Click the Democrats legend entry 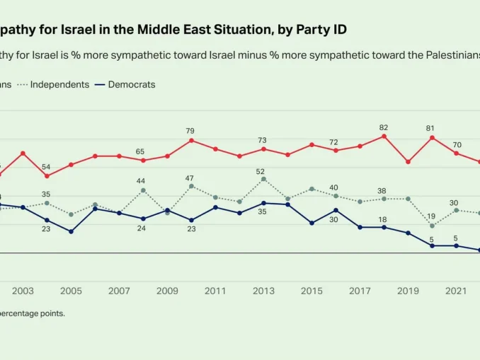coord(131,85)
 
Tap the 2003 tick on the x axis coord(23,291)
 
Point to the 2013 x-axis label coord(263,291)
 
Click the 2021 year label coord(455,291)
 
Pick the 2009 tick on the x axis coord(167,291)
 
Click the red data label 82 coord(384,128)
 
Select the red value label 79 coord(190,131)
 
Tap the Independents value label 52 coord(261,172)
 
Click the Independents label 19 coord(431,216)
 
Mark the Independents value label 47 coord(190,178)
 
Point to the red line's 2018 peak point coord(384,136)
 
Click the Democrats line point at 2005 coord(71,231)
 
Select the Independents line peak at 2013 coord(263,179)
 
